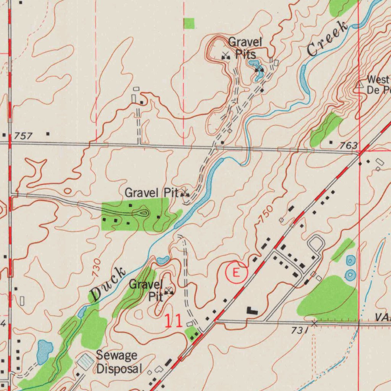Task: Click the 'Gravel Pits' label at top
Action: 245,47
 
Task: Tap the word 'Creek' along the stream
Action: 327,39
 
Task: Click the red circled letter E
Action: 236,273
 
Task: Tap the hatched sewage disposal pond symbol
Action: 85,361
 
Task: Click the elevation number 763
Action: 348,145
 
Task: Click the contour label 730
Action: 96,267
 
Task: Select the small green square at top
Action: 189,23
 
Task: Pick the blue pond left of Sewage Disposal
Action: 45,349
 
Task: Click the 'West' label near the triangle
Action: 378,80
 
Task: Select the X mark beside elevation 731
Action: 314,324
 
